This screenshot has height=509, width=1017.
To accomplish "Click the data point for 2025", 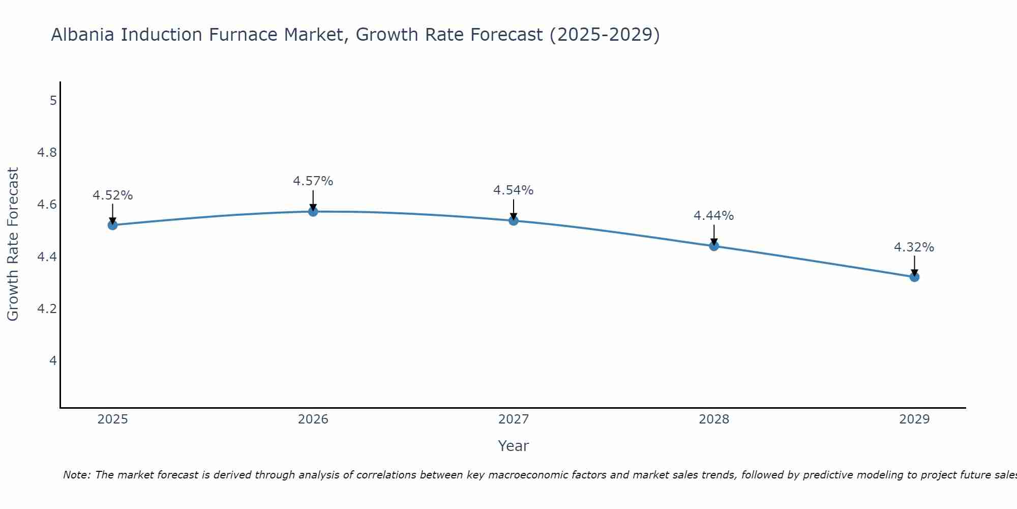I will (112, 225).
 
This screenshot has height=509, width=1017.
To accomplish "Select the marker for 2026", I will (313, 211).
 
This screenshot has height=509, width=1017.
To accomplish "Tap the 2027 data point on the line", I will (514, 220).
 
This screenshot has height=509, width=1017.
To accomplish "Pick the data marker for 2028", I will (714, 246).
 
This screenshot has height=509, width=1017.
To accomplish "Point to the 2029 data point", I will (914, 277).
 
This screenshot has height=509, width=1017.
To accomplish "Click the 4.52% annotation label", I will (112, 195).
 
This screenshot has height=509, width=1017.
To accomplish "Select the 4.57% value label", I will (313, 181).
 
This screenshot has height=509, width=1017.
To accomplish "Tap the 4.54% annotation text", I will (514, 190).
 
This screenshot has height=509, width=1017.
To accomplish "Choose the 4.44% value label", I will (714, 216).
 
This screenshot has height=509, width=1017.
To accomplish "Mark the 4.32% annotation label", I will (914, 247).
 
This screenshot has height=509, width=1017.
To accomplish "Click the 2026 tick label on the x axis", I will (313, 419).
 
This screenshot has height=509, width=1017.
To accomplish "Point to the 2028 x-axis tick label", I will (714, 419).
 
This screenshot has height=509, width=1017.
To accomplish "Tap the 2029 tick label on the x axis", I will (914, 419).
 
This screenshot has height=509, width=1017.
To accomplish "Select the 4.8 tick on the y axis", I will (47, 153).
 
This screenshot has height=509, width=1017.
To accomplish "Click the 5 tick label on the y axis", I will (53, 100).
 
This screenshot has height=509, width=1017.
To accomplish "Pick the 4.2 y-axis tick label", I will (47, 309).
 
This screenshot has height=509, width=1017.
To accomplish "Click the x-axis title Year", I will (514, 446).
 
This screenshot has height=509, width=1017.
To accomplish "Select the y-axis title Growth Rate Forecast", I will (13, 244).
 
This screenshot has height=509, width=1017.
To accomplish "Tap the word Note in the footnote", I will (76, 475).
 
